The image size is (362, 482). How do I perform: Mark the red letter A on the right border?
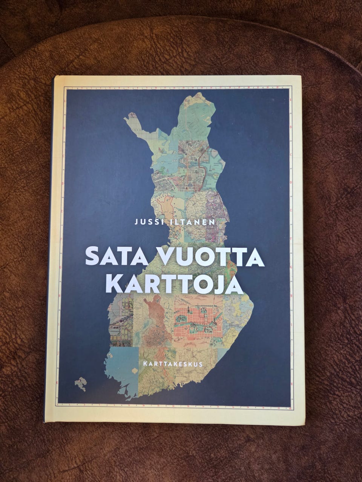click(x=291, y=99)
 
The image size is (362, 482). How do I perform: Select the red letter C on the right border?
click(x=291, y=155)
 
